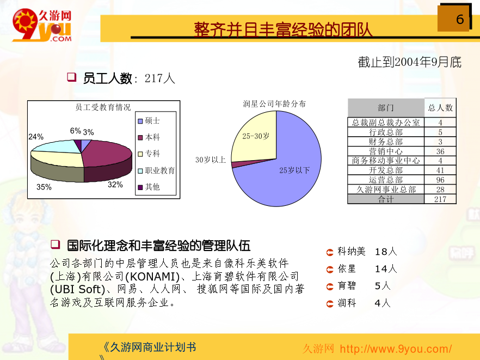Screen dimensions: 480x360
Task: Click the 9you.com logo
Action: click(x=42, y=25)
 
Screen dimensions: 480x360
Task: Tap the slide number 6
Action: click(x=460, y=19)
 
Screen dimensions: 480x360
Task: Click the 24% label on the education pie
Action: click(x=36, y=137)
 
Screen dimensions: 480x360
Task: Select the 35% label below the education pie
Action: click(x=44, y=187)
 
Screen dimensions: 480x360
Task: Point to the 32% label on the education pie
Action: click(x=115, y=185)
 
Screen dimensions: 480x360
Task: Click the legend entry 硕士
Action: click(x=149, y=121)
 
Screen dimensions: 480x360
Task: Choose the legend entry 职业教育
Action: click(x=156, y=170)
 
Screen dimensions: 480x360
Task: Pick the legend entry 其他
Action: click(x=149, y=187)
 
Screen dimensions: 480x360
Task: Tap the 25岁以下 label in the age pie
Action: click(x=294, y=170)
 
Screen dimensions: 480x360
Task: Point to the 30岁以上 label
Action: click(x=211, y=160)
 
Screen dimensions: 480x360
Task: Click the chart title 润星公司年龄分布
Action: click(x=274, y=103)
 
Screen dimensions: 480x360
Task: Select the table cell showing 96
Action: click(x=440, y=180)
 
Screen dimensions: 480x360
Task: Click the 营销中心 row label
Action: click(x=386, y=151)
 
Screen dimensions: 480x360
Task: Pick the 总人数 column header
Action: click(x=440, y=108)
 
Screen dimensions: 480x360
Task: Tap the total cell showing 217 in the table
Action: click(x=440, y=199)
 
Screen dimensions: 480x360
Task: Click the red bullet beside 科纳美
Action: click(x=330, y=252)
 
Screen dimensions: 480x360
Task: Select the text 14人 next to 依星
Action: click(x=386, y=269)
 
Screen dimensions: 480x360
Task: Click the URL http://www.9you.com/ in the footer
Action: click(x=396, y=349)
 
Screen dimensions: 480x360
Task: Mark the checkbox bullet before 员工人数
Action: click(x=72, y=77)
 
